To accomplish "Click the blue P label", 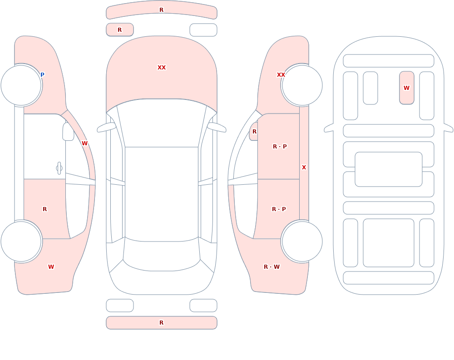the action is coord(42,75).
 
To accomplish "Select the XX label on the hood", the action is coord(162,68).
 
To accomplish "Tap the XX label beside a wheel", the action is coord(281,75).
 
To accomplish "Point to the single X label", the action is coord(304,168).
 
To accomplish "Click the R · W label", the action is coord(271,267).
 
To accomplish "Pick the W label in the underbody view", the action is coord(406,88).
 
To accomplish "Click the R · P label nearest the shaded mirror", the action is coord(280,147).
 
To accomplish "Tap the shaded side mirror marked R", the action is coord(254,132).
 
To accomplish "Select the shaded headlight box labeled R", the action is coord(120,30).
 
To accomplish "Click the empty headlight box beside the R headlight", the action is coord(203,30).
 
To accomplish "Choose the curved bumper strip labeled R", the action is coord(162,10).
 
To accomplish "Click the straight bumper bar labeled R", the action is coord(162,323).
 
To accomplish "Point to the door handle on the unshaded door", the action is coord(59,168).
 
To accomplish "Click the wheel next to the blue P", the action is coord(21,85).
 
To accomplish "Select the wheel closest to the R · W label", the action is coord(302,242).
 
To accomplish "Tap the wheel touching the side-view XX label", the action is coord(302,85).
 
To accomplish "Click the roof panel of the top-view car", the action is coord(162,193).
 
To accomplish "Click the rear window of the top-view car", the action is coord(162,255).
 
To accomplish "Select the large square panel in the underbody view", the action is coord(389,243).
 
